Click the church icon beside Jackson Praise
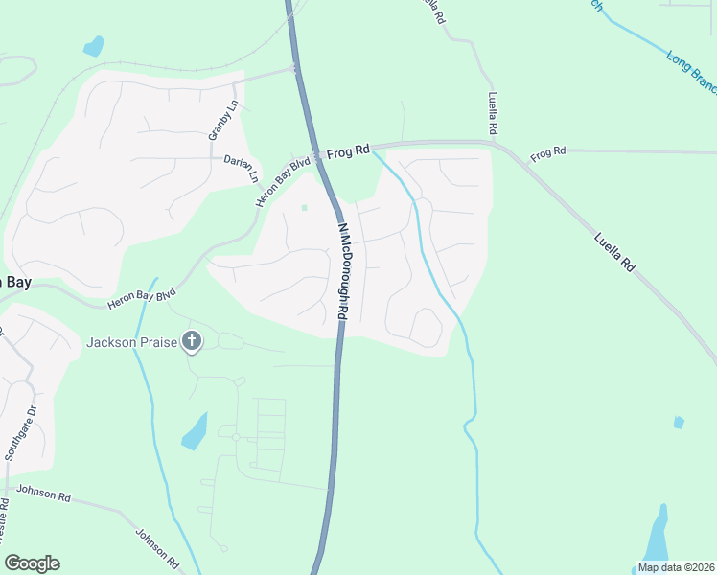click(x=192, y=341)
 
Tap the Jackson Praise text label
click(x=132, y=342)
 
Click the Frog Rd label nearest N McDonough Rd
click(x=348, y=151)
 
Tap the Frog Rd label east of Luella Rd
click(x=548, y=151)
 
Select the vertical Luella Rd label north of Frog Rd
click(x=493, y=112)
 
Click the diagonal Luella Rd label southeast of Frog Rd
click(x=614, y=251)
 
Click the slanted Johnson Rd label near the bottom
click(x=157, y=544)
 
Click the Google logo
click(x=32, y=563)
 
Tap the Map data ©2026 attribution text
click(x=676, y=567)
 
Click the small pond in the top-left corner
click(x=93, y=45)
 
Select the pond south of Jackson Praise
click(x=194, y=432)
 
